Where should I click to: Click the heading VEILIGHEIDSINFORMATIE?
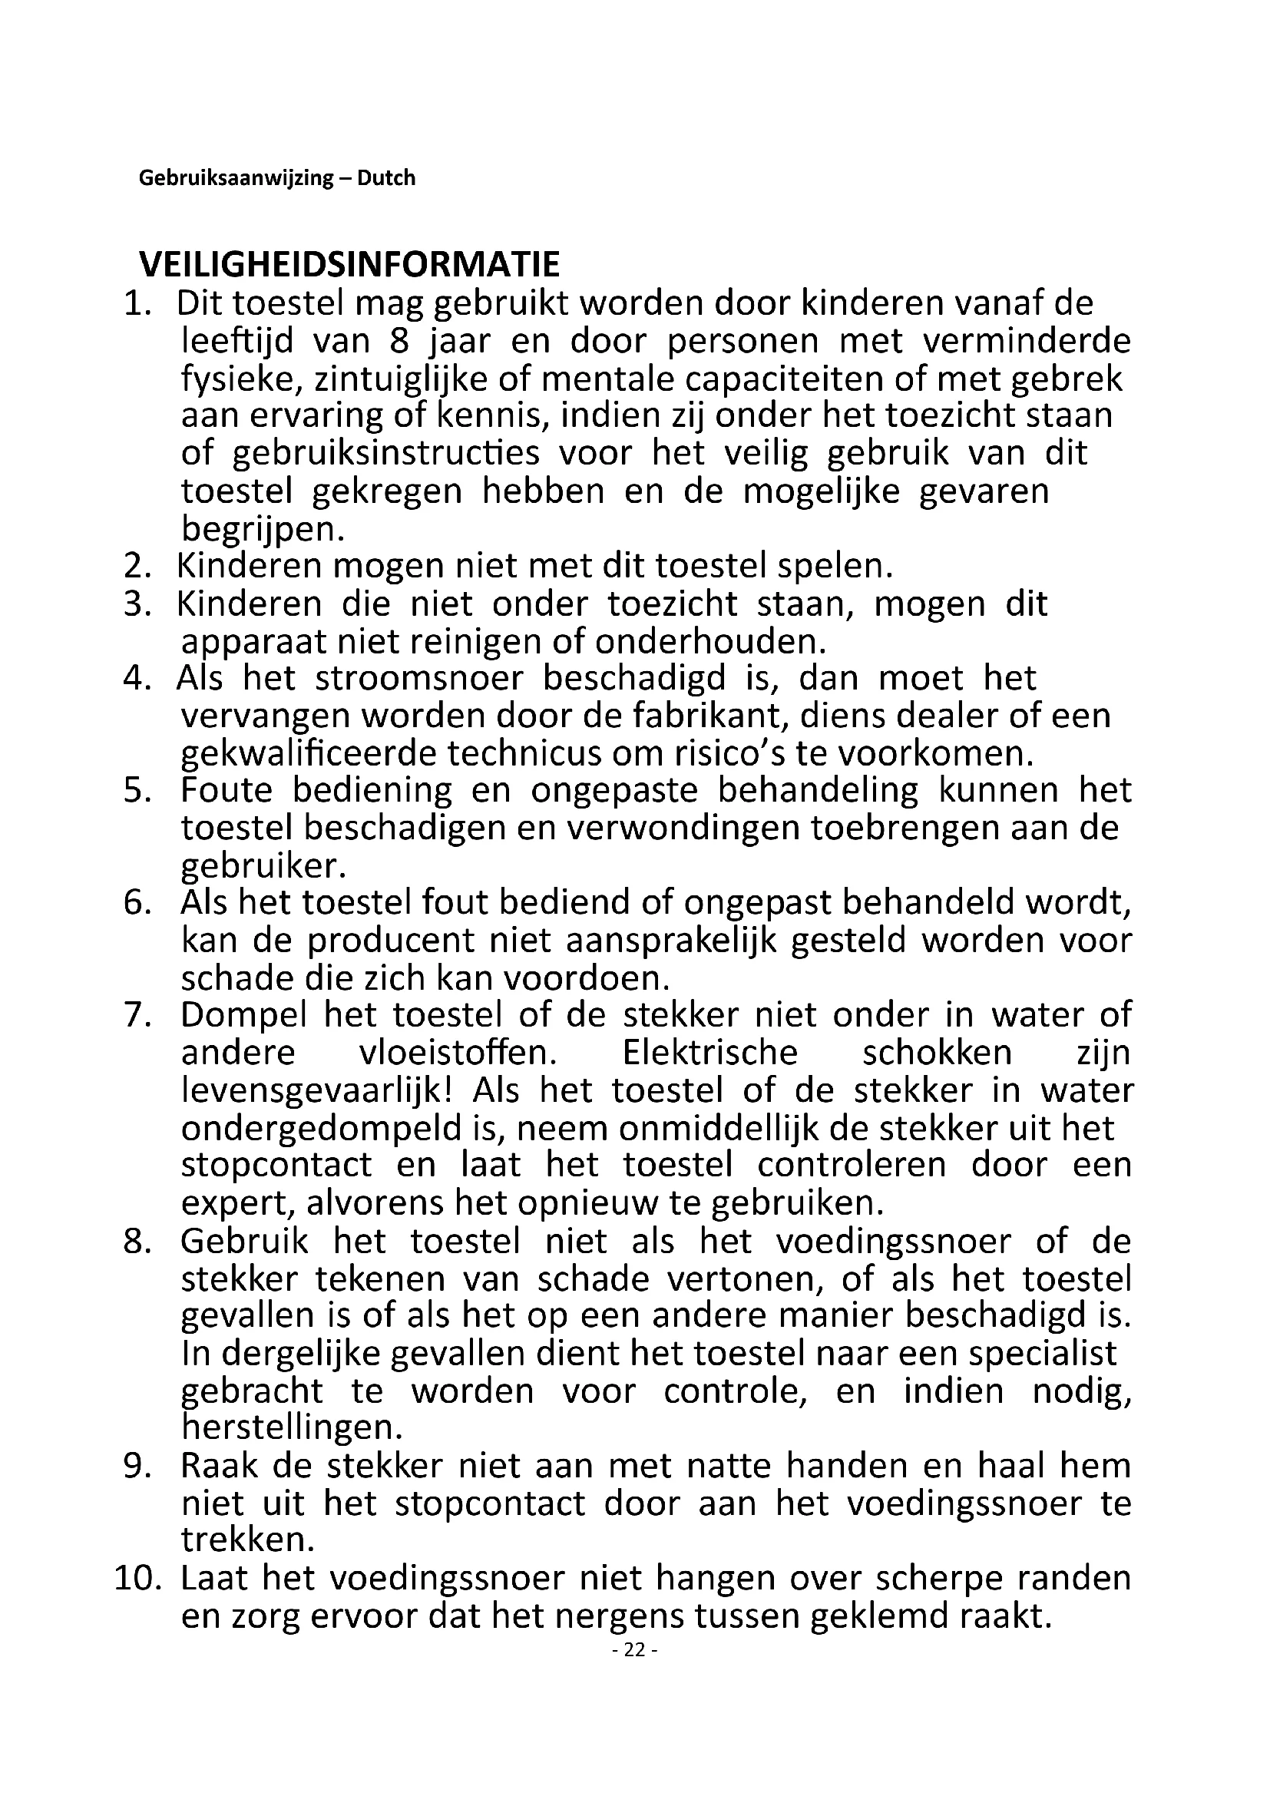coord(349,264)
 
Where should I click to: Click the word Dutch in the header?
coord(386,178)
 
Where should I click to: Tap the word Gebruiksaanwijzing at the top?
coord(236,178)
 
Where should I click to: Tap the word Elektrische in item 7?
coord(709,1053)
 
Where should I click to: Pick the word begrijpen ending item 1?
coord(263,530)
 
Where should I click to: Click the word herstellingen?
coord(292,1428)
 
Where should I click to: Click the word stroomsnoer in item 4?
coord(419,678)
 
